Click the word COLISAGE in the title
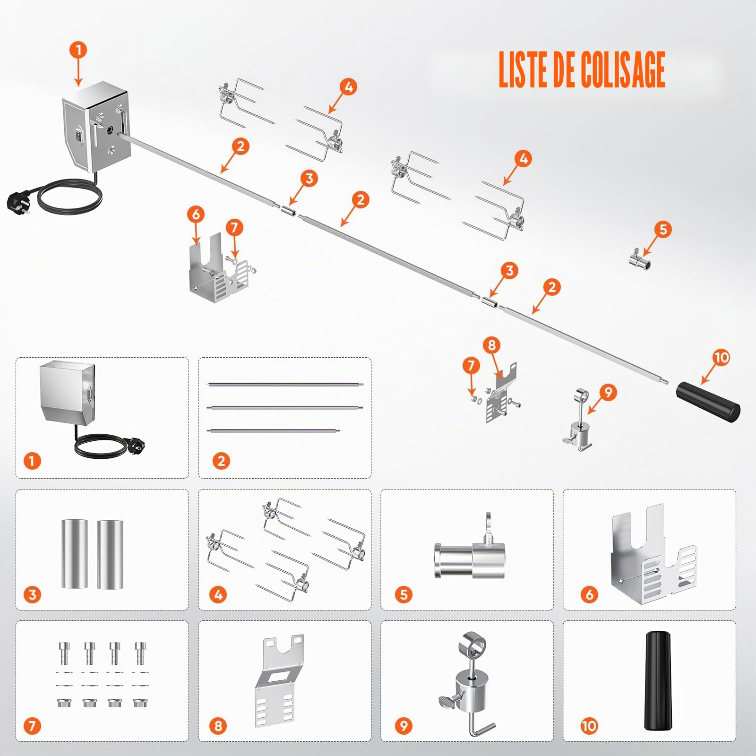[623, 69]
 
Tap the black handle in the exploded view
[708, 402]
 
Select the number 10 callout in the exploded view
[721, 358]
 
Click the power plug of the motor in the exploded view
[17, 201]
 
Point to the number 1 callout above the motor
[78, 50]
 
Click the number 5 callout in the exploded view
[663, 230]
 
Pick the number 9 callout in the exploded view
[608, 392]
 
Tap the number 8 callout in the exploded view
[491, 345]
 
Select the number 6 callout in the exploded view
[196, 215]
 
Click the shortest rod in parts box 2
[273, 430]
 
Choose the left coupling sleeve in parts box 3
[74, 554]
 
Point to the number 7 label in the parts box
[32, 726]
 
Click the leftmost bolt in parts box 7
[64, 653]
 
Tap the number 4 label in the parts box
[218, 594]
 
